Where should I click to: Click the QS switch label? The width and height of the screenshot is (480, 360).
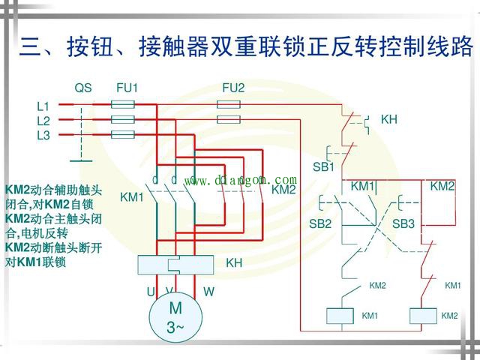click(82, 88)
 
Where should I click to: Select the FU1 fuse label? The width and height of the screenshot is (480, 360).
click(127, 88)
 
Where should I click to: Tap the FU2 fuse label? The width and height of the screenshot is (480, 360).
click(233, 88)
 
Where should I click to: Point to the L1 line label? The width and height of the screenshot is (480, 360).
click(43, 106)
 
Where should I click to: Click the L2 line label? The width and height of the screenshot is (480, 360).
click(43, 121)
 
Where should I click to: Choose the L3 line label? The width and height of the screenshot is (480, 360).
click(43, 135)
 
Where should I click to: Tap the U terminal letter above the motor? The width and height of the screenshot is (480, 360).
click(151, 291)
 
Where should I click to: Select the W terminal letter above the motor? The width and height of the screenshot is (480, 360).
click(208, 291)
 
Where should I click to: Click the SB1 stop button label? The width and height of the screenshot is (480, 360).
click(323, 166)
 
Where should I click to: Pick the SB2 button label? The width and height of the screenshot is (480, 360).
click(320, 223)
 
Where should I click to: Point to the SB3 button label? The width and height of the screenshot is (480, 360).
click(403, 223)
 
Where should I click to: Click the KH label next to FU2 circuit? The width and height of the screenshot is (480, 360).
click(388, 119)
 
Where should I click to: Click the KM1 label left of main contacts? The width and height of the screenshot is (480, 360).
click(131, 197)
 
